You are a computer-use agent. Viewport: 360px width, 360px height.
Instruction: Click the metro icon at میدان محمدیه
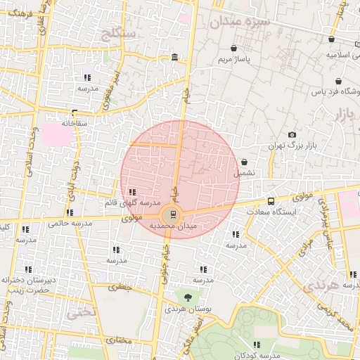click(173, 215)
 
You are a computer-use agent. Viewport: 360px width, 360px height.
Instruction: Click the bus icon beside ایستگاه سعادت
click(271, 201)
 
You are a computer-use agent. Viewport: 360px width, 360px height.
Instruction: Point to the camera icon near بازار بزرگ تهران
click(292, 135)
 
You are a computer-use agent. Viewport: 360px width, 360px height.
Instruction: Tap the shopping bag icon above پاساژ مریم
click(233, 49)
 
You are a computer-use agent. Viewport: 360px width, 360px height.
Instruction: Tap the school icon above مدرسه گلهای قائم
click(132, 191)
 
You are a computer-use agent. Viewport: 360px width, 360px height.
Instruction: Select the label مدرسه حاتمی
click(70, 223)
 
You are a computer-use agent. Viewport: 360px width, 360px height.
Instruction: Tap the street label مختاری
click(118, 340)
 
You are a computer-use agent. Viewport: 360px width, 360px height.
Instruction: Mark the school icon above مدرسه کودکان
click(256, 345)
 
